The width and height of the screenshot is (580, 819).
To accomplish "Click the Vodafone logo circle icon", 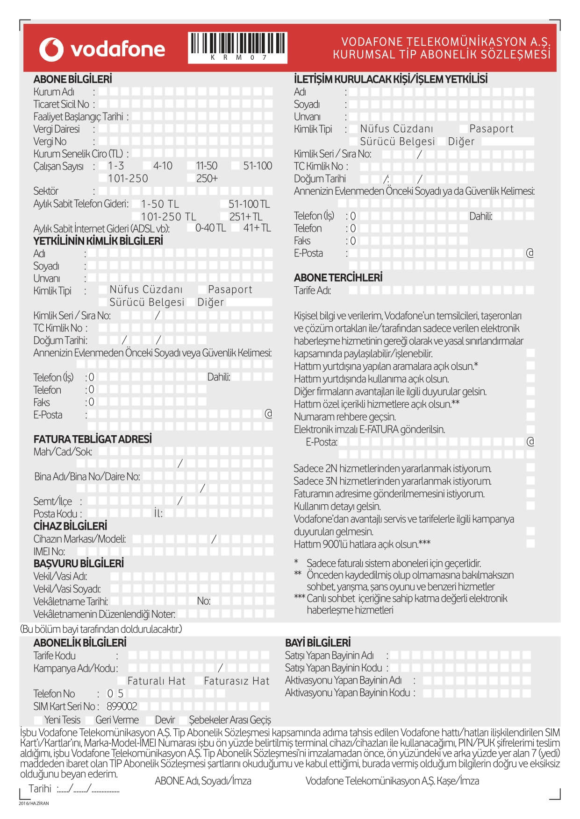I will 51,49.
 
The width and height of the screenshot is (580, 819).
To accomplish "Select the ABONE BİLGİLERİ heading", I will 72,79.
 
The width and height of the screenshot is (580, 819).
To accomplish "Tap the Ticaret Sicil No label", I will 61,104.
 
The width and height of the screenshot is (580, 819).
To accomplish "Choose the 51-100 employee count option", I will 258,166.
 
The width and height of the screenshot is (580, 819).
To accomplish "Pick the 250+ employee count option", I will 207,178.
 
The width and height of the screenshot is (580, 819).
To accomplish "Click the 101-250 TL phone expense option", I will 168,217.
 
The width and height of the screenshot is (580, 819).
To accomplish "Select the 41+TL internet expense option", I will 257,228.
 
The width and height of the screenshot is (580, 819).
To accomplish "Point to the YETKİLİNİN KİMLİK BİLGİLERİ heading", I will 98,241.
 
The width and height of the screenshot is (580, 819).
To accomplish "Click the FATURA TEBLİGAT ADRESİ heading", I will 93,439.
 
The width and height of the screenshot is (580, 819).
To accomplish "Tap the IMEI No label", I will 49,551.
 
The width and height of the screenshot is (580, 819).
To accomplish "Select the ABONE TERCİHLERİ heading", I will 338,278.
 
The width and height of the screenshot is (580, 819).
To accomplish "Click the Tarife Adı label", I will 312,290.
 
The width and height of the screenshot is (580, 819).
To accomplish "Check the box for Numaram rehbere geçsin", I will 530,417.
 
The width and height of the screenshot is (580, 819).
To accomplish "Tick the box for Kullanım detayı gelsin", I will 530,506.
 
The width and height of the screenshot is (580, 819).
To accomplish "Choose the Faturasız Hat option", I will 236,681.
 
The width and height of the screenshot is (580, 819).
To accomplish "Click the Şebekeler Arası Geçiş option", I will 229,720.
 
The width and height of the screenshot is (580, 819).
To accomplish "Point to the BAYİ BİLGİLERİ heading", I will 318,643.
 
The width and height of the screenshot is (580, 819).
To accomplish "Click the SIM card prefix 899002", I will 122,706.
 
